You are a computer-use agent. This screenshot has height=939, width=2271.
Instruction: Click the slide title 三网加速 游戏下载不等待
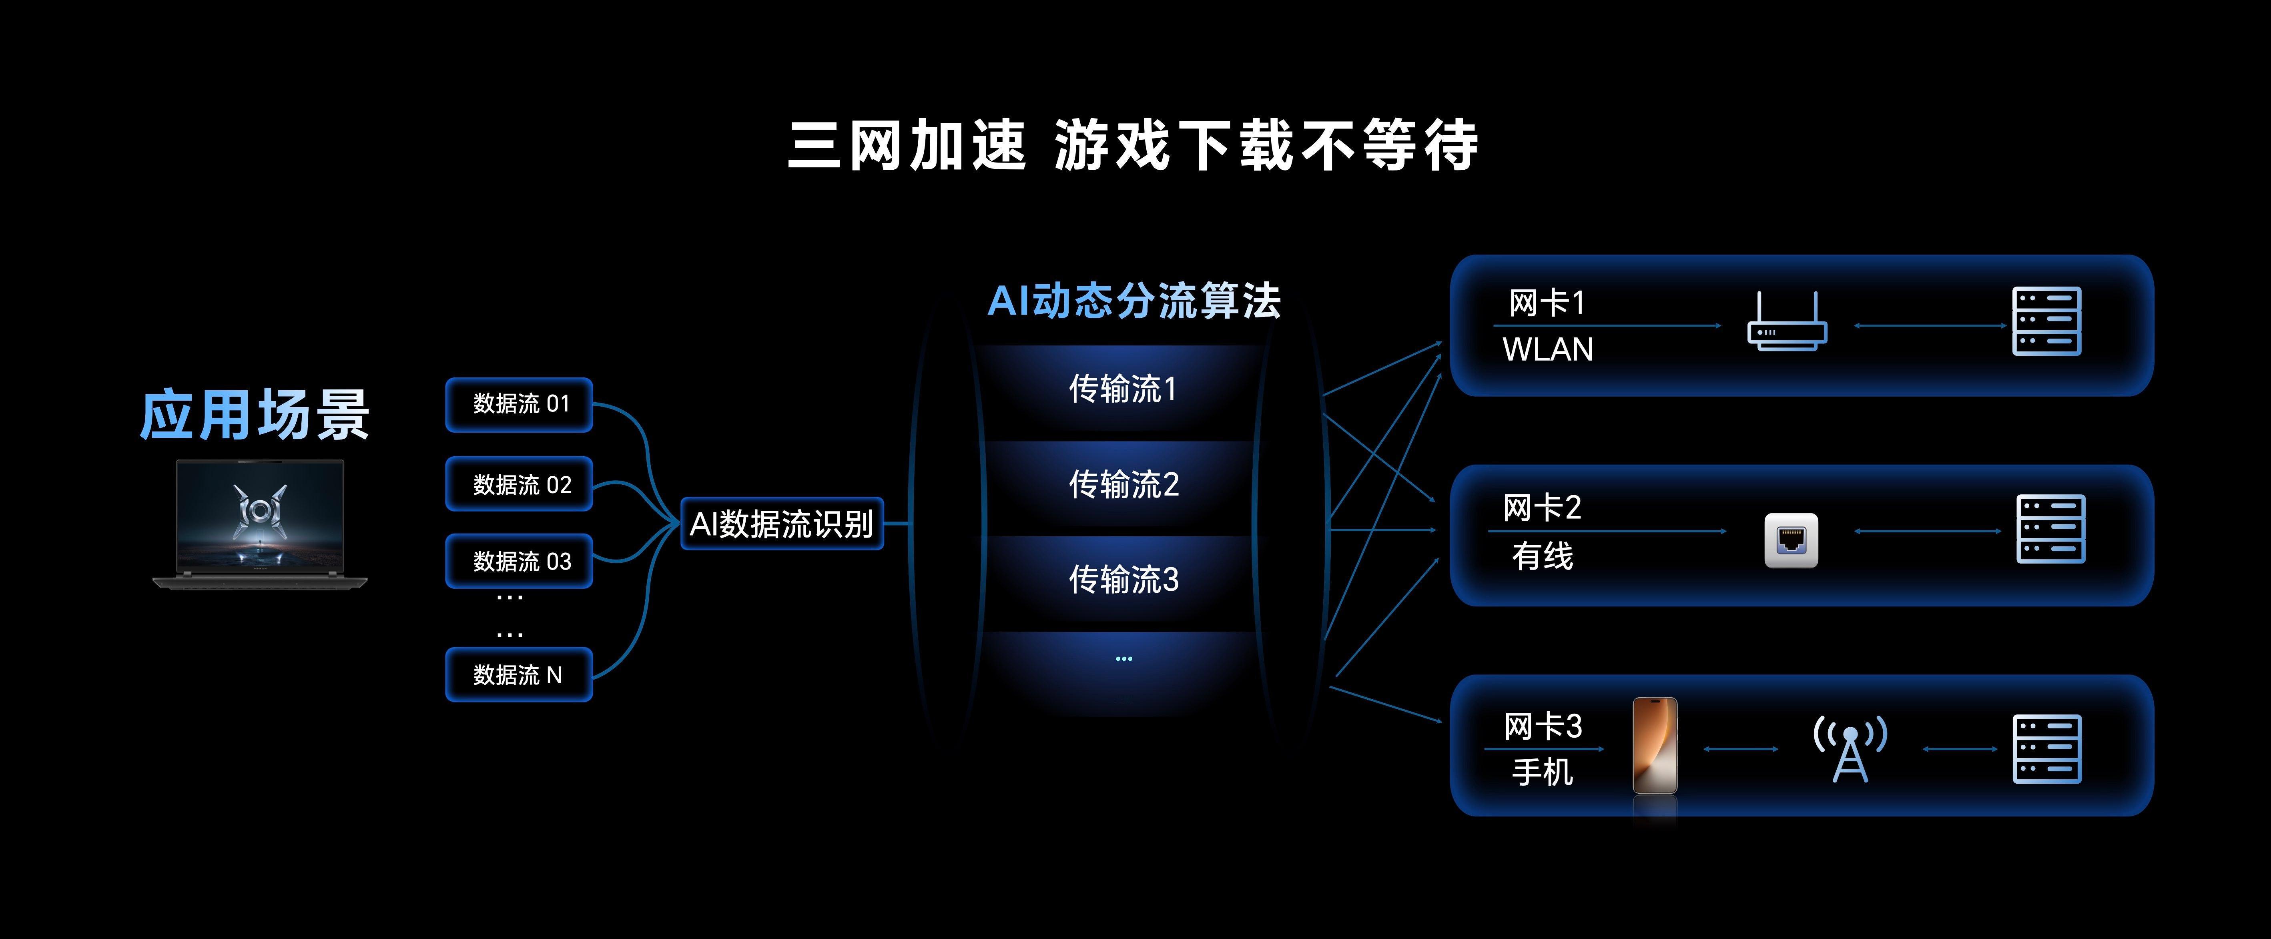click(1133, 145)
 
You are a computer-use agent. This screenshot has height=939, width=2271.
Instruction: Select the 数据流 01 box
click(519, 405)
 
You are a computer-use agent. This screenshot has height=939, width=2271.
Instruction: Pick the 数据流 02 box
click(519, 484)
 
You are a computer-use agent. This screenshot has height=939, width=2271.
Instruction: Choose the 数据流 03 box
click(519, 561)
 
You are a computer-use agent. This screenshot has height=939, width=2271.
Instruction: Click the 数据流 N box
click(519, 674)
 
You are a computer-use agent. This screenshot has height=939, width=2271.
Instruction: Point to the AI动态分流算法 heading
click(1134, 301)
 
